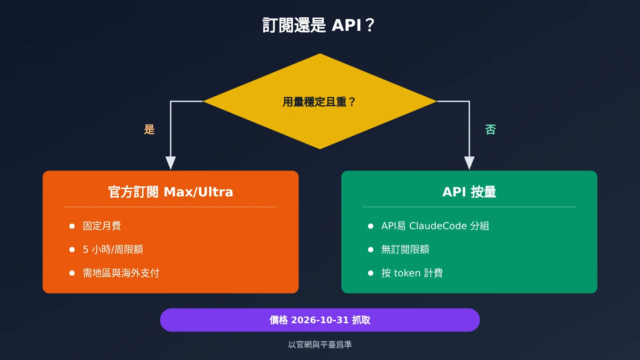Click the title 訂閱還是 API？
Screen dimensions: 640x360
tap(318, 25)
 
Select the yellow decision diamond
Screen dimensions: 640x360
tap(320, 101)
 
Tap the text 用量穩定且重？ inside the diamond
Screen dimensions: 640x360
tap(319, 102)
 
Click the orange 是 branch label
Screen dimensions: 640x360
tap(149, 130)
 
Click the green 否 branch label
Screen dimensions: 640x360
tap(490, 130)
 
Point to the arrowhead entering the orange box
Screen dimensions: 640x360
tap(170, 163)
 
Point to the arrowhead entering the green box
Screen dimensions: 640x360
tap(469, 163)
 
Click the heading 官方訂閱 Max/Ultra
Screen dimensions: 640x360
tap(170, 192)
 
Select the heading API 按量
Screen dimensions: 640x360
tap(469, 192)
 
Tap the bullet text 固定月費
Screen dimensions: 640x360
tap(102, 226)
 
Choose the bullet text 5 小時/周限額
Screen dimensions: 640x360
tap(113, 250)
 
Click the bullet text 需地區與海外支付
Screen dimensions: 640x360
tap(121, 273)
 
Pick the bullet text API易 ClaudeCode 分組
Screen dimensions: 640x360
tap(435, 226)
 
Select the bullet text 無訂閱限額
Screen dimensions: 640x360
tap(405, 250)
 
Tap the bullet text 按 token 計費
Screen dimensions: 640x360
tap(412, 273)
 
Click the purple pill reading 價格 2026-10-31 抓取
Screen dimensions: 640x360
tap(320, 320)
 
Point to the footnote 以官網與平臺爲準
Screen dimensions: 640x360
tap(320, 344)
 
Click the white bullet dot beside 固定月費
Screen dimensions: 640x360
tap(72, 226)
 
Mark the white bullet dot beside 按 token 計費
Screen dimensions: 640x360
tap(370, 273)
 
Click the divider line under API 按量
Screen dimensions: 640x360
tap(469, 207)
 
